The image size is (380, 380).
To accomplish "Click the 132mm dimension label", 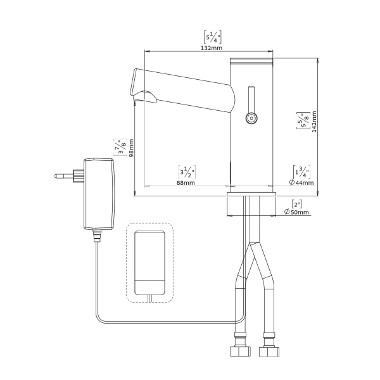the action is [x=212, y=47].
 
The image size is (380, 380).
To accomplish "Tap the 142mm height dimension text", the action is [x=314, y=122].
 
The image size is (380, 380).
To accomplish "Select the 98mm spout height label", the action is [x=131, y=148].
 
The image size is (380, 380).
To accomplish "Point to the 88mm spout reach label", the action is [x=186, y=183].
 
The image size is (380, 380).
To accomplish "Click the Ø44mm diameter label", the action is [x=301, y=182].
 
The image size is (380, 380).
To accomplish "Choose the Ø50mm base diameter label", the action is [x=296, y=212].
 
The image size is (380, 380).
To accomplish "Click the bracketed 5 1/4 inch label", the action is [x=213, y=37].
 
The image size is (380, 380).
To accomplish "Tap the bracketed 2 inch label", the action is [x=297, y=205].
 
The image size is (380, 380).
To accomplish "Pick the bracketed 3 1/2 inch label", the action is [x=187, y=172].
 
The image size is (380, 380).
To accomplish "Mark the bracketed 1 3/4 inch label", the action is [x=301, y=172].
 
